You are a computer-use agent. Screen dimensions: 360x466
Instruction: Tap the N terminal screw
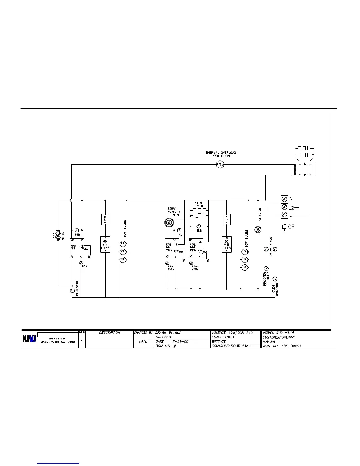click(x=284, y=199)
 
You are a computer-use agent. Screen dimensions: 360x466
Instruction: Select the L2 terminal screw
click(x=284, y=207)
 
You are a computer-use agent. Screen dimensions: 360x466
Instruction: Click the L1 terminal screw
click(x=284, y=215)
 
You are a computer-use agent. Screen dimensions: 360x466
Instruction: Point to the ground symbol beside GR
click(x=284, y=227)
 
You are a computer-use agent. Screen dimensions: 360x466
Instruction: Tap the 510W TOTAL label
click(x=199, y=204)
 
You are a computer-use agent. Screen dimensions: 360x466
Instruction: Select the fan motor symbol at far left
click(x=58, y=235)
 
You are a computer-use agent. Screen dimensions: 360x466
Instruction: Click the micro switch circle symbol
click(x=72, y=291)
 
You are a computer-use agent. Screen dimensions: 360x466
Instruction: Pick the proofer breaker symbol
click(x=266, y=268)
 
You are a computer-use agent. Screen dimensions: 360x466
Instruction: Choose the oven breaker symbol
click(x=276, y=279)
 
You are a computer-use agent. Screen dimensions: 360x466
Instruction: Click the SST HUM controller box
click(x=171, y=248)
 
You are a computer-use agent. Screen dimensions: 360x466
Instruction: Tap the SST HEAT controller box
click(x=196, y=248)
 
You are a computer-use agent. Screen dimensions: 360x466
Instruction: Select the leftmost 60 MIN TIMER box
click(x=105, y=244)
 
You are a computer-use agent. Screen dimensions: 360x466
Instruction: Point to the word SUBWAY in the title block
click(x=288, y=337)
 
